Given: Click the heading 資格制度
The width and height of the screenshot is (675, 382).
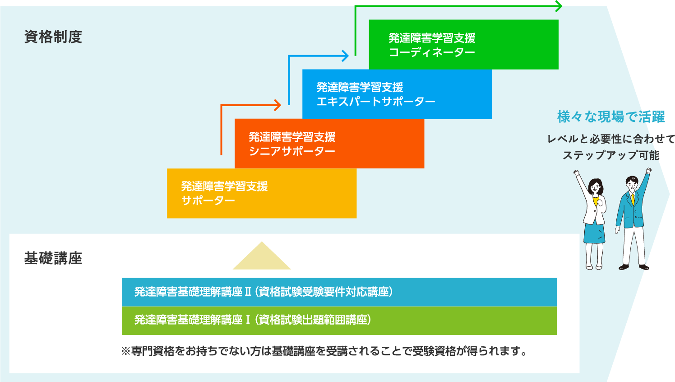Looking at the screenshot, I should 53,37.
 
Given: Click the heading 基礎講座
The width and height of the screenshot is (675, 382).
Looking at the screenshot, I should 53,258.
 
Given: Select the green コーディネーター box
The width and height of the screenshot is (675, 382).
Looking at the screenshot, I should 463,45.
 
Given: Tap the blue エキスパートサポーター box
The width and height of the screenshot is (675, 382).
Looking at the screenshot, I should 397,94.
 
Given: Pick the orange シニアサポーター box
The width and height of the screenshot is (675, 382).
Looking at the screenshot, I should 329,144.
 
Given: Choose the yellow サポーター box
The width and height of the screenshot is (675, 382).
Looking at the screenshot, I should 261,193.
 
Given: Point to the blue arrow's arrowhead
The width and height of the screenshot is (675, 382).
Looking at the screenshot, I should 346,56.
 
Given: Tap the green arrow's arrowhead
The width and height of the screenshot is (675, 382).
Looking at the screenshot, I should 559,6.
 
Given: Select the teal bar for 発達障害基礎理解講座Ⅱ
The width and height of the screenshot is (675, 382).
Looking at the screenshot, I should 339,292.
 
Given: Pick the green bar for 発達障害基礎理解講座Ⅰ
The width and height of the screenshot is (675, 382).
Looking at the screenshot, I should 339,320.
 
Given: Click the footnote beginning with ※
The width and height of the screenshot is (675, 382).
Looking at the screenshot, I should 324,351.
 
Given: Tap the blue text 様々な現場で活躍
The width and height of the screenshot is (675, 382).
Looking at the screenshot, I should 611,117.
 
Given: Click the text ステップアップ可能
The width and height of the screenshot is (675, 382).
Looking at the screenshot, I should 611,155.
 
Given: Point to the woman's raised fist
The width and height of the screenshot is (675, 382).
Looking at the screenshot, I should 576,172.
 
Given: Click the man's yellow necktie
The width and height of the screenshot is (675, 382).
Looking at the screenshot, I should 633,198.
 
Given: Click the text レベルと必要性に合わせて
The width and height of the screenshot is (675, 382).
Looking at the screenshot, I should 611,139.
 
